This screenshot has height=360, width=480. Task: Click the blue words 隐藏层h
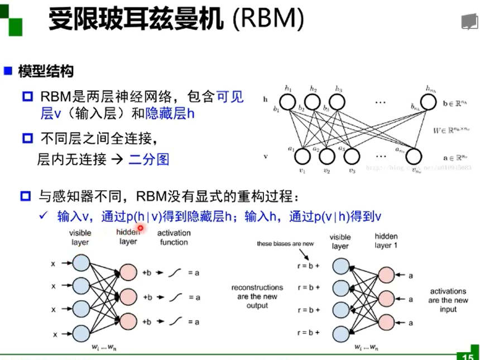coord(170,113)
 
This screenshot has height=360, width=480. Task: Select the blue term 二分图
coord(149,160)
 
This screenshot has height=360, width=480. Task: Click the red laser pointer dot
coord(140,228)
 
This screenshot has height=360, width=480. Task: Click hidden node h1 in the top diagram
coord(288,103)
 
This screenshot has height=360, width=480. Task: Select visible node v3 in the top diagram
coord(351,157)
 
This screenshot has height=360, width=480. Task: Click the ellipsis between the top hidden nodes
coord(381,103)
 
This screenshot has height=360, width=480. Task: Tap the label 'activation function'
coord(174,237)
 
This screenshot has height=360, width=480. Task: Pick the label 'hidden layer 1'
coord(386,241)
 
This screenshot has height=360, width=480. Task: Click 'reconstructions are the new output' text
coord(257,296)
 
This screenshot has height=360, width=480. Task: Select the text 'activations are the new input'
coord(448,300)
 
